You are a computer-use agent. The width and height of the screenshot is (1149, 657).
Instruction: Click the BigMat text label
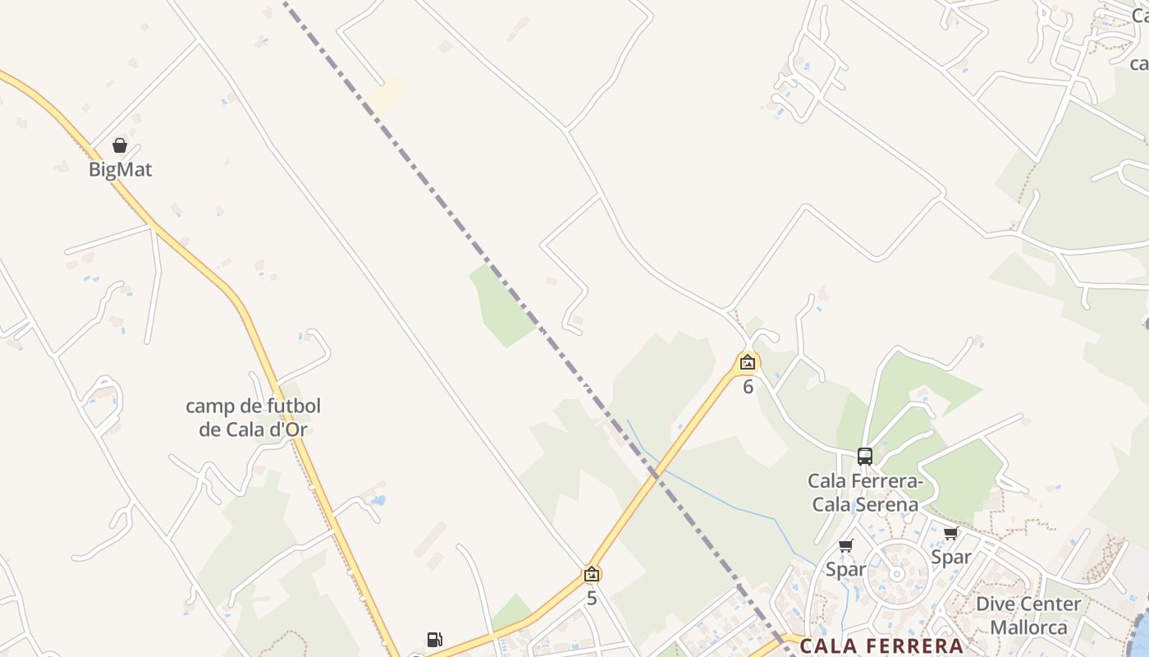point(121,170)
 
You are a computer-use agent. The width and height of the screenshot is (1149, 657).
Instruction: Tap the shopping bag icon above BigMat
point(120,145)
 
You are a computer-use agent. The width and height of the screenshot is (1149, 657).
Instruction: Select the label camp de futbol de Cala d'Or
point(253,417)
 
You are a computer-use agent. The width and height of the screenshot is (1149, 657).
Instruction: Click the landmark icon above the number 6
point(748,361)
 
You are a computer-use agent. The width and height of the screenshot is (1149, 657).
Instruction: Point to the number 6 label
point(748,387)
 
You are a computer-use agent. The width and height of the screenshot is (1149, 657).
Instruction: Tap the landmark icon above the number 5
point(592,574)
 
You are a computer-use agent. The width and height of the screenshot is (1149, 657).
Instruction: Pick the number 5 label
point(592,599)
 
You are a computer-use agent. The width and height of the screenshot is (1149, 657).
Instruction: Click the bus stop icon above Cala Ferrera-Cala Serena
point(864,456)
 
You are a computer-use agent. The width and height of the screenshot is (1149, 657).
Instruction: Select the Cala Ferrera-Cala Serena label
point(865,492)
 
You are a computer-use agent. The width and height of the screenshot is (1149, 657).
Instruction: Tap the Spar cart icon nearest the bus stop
point(846,545)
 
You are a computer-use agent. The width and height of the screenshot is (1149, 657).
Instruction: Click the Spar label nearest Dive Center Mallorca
point(951,558)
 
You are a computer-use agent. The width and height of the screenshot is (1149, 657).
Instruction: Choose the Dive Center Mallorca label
point(1028,615)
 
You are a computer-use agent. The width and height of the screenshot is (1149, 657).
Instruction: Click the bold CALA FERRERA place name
point(881,646)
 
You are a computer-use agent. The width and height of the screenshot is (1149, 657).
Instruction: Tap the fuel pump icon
point(434,640)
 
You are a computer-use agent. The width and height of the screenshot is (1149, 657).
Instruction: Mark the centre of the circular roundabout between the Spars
point(897,574)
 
